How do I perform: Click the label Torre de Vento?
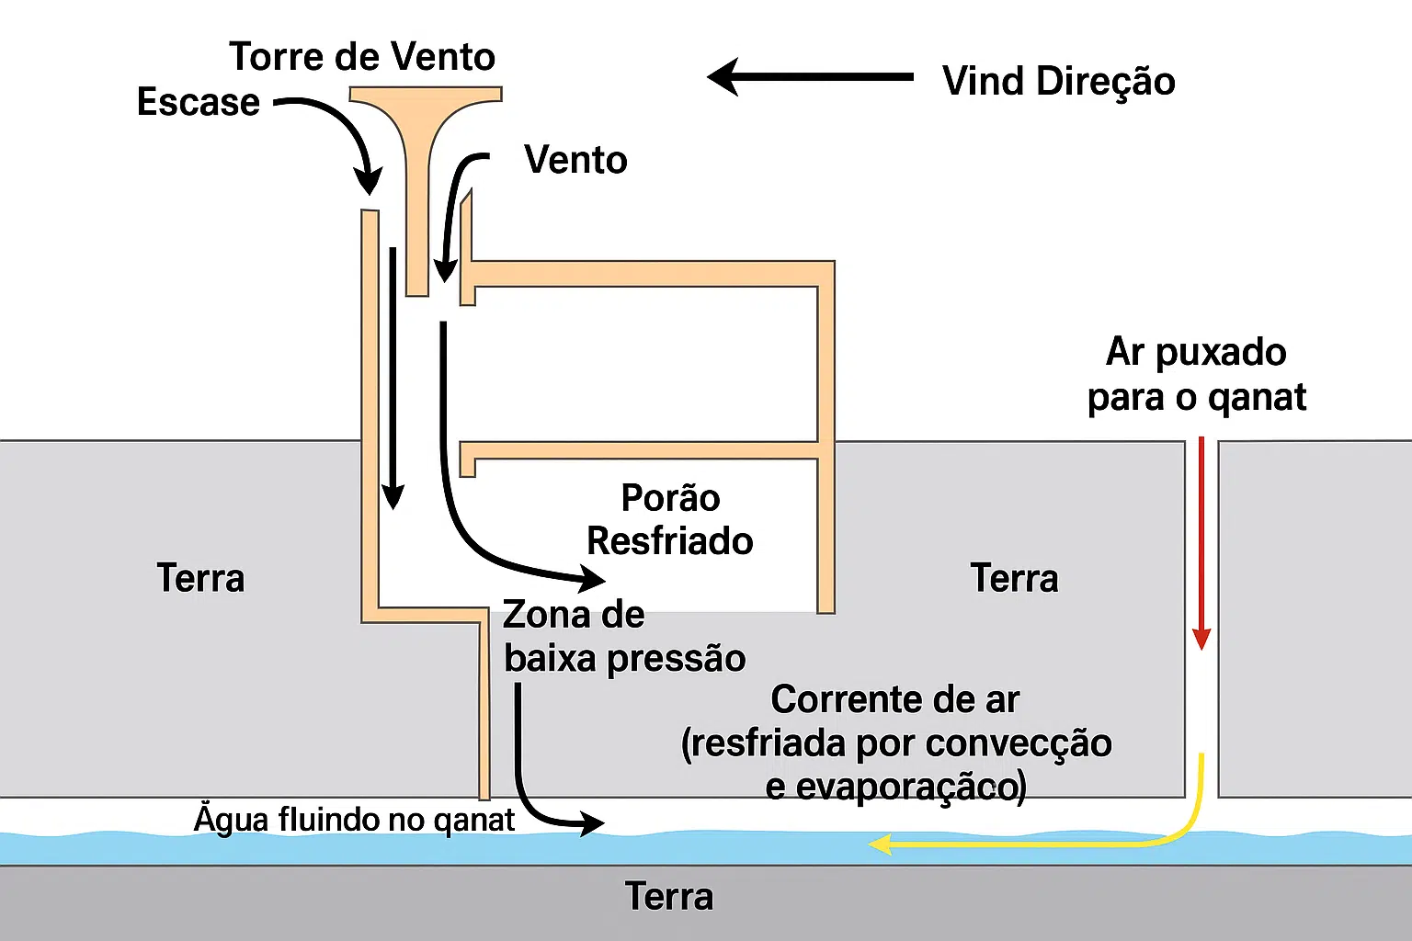(362, 57)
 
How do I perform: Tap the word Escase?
(199, 102)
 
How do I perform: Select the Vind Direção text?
(1058, 81)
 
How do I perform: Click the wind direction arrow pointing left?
(809, 77)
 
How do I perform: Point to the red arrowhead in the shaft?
(1201, 638)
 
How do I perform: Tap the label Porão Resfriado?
(670, 519)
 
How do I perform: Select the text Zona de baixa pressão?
(623, 637)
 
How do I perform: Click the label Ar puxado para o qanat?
(1196, 374)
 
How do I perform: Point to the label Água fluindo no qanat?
(354, 819)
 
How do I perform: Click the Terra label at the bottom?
(669, 896)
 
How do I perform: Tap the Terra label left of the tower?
(200, 578)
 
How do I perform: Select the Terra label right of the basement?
(1014, 578)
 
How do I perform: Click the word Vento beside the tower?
(575, 160)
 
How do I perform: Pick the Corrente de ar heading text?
(894, 699)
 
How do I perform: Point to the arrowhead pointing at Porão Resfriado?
(591, 579)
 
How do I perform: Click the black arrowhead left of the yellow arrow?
(590, 823)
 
